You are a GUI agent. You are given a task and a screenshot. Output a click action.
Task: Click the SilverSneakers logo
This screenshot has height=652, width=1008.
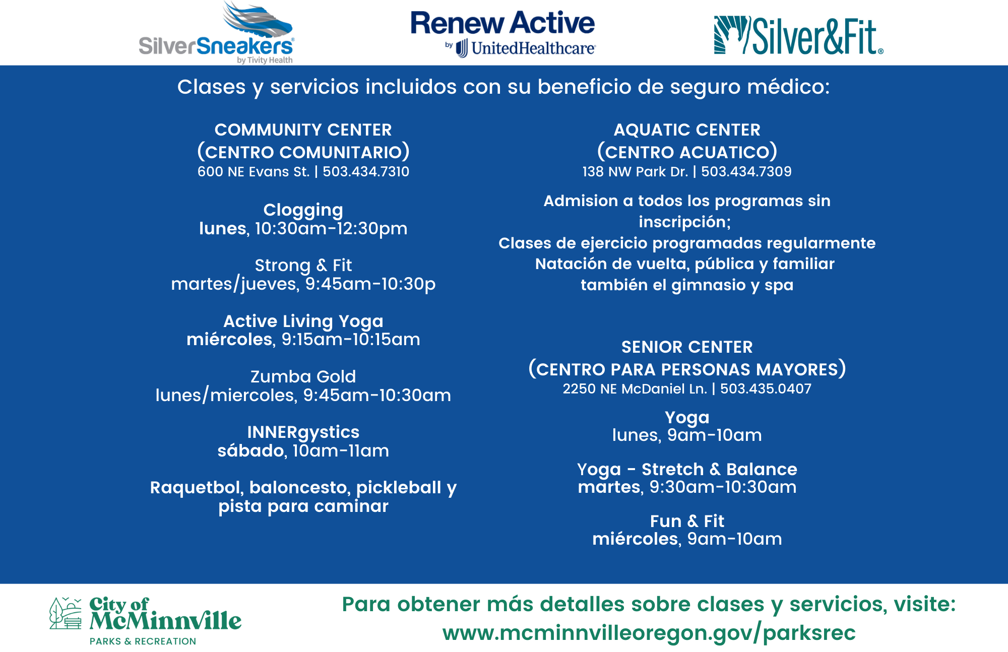click(x=216, y=33)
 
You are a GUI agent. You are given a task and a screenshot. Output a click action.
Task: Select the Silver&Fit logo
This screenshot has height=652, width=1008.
click(x=799, y=35)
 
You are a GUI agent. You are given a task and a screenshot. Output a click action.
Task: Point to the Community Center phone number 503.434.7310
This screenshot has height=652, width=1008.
click(x=366, y=172)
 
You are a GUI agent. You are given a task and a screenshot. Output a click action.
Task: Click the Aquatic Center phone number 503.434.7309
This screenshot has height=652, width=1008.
click(x=746, y=172)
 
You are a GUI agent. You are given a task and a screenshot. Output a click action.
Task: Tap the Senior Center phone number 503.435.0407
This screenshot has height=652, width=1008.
click(x=766, y=389)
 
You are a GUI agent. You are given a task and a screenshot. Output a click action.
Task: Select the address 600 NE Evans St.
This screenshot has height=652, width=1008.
click(x=253, y=172)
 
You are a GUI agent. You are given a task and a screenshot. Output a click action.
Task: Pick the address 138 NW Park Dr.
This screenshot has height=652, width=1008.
click(x=635, y=172)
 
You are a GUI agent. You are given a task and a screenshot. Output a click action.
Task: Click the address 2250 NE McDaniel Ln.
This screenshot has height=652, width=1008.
click(x=635, y=389)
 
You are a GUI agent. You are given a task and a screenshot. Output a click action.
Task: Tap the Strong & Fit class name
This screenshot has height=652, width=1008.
click(x=303, y=265)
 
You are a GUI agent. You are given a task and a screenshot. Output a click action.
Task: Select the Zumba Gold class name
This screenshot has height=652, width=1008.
click(x=303, y=376)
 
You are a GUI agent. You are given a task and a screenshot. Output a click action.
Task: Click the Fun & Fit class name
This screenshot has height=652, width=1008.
click(x=687, y=521)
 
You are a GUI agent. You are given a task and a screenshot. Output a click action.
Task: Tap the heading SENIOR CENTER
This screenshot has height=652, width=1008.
click(x=687, y=347)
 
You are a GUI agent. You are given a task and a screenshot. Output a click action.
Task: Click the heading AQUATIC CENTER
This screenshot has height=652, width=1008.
click(x=687, y=130)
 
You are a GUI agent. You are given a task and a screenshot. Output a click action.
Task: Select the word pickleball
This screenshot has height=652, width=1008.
click(x=398, y=488)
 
